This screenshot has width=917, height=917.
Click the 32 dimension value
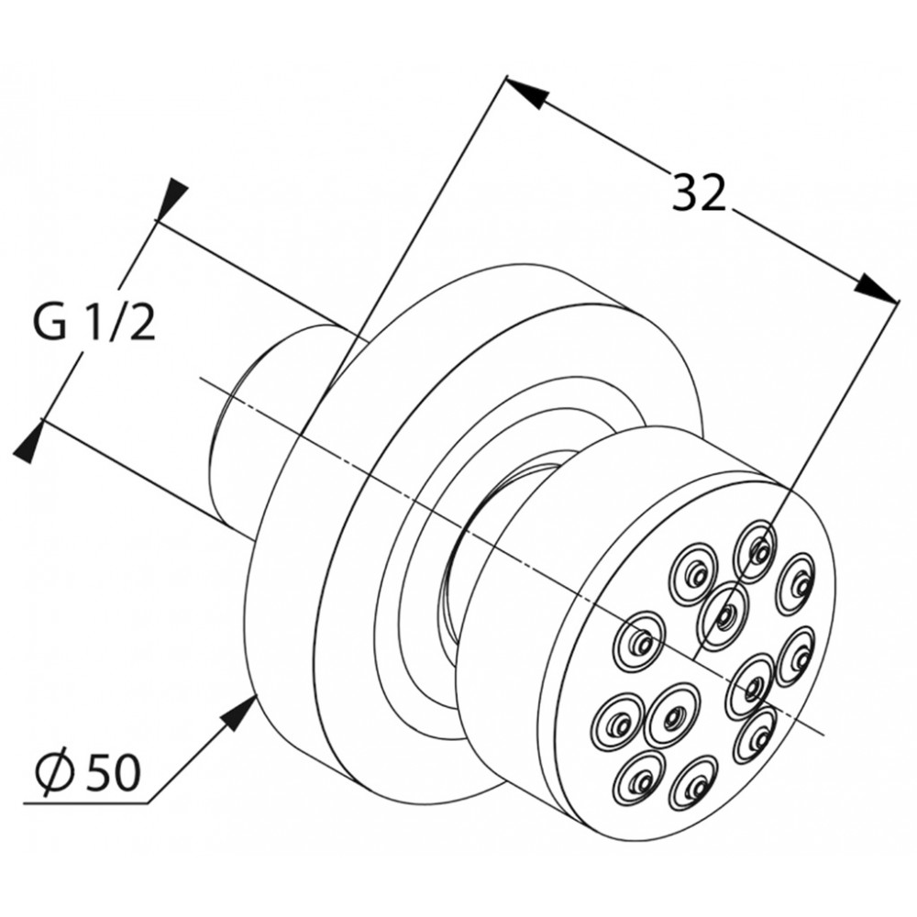coord(698,192)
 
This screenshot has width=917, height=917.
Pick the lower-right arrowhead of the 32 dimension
coord(876,289)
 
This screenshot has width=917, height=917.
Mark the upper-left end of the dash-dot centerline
coord(201,379)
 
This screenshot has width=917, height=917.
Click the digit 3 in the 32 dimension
coord(684,192)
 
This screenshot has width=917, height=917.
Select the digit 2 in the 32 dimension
coord(713,192)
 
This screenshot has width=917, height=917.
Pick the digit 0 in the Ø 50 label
coord(128,772)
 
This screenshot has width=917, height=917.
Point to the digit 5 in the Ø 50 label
coord(101,772)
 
